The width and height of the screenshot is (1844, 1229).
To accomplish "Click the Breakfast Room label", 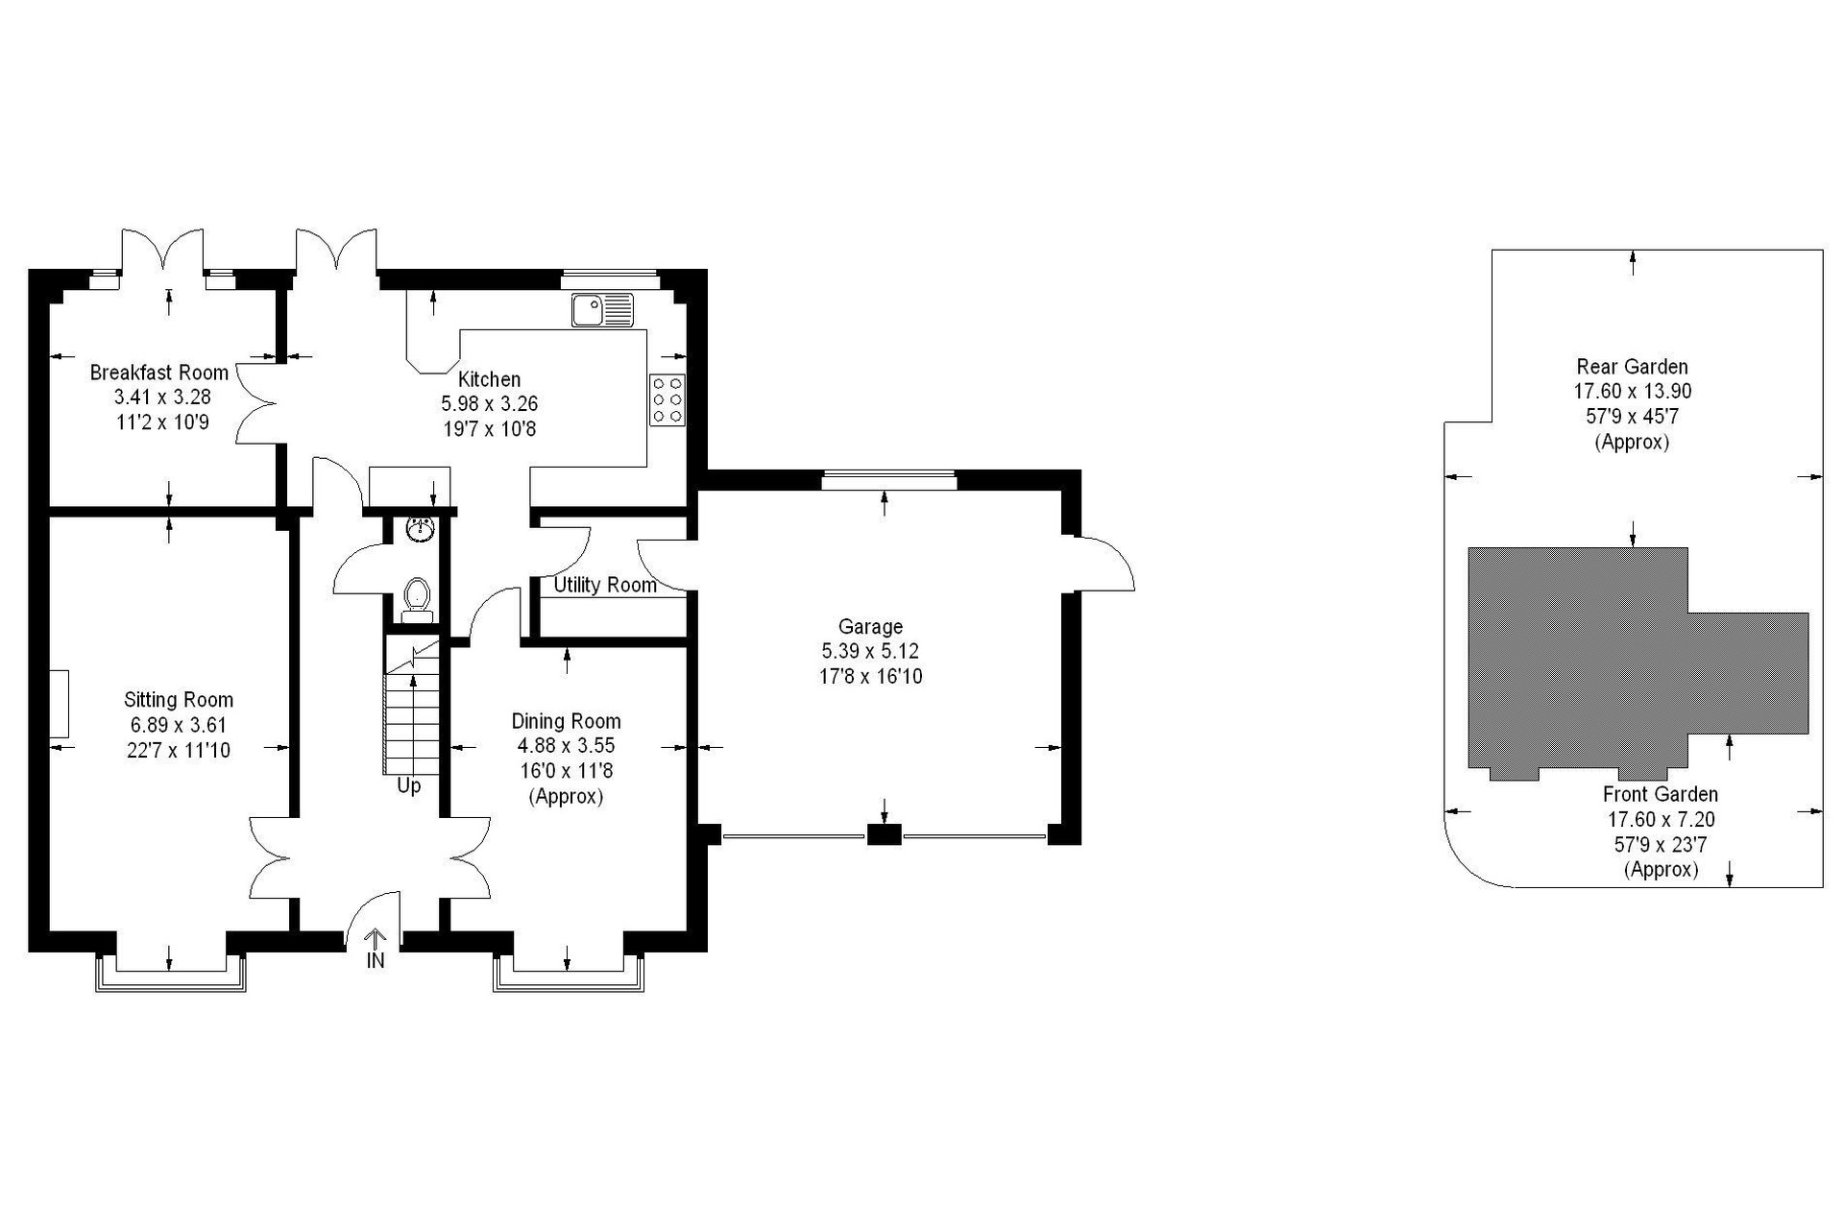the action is (159, 373).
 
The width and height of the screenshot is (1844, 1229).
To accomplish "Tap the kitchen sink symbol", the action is (602, 310).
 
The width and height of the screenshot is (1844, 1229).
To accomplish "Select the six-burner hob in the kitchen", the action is (667, 399).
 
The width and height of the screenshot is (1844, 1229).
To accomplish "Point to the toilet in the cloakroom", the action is (417, 598).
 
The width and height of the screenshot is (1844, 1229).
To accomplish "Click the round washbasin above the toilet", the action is (420, 528).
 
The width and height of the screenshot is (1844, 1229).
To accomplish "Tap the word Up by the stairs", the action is (409, 786).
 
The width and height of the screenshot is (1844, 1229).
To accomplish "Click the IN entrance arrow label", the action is (376, 960).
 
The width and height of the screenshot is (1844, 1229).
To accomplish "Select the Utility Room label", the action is (605, 585).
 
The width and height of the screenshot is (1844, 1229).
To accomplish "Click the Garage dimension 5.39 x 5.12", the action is (870, 652).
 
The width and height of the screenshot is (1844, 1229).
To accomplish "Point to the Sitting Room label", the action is (179, 700).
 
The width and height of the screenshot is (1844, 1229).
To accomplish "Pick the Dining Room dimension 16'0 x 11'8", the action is (566, 771).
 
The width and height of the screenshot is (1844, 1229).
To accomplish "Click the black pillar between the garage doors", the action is (885, 834).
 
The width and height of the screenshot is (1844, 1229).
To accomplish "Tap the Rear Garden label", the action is (1632, 367).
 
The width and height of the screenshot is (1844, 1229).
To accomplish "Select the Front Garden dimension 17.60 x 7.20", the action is (1661, 820).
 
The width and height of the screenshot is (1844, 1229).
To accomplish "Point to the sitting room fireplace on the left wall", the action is (59, 704).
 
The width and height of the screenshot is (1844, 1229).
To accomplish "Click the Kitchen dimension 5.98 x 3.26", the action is (489, 404).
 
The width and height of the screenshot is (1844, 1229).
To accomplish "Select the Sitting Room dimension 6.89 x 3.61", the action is (179, 725).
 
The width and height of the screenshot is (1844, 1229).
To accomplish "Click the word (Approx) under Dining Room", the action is (566, 797).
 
